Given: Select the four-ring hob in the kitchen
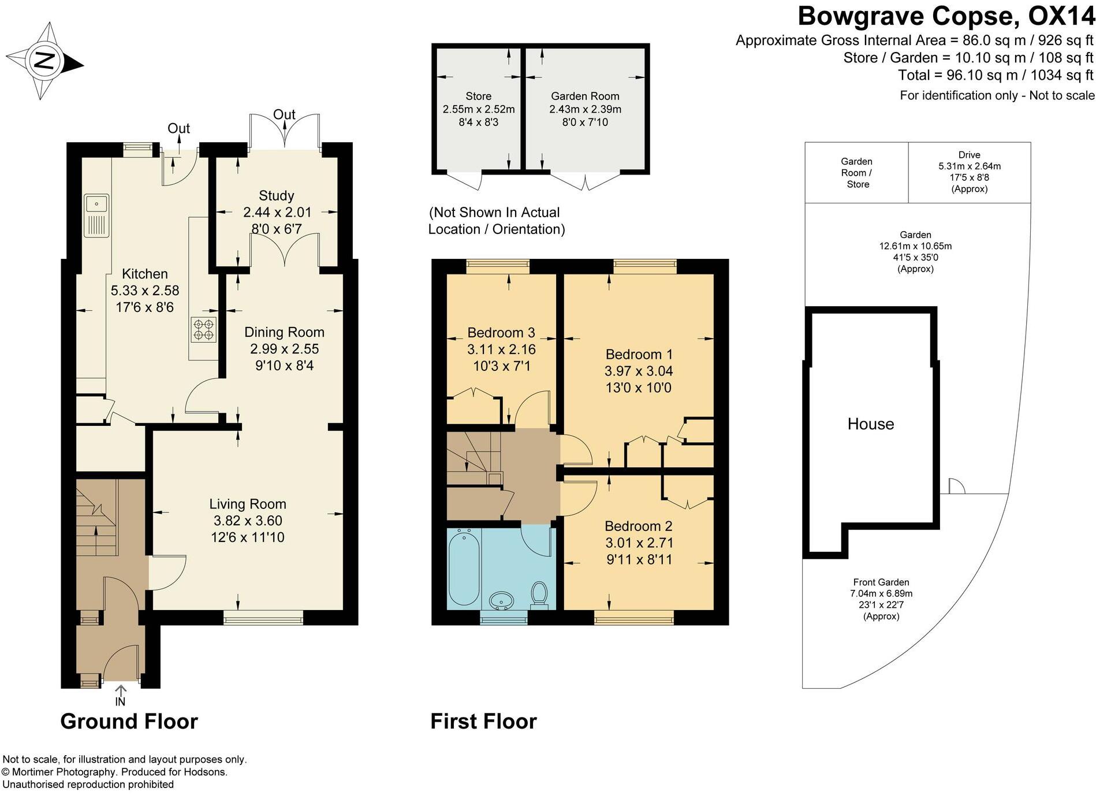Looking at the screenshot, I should click(x=203, y=329).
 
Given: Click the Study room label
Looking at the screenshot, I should click(x=276, y=196).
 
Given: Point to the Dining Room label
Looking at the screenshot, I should click(x=284, y=332).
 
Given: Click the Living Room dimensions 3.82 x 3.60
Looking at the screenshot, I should click(x=247, y=521).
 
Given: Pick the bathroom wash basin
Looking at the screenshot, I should click(x=501, y=600).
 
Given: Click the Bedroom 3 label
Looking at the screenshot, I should click(x=501, y=333).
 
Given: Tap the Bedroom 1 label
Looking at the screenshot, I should click(x=639, y=354).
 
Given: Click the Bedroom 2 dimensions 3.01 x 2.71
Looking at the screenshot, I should click(x=639, y=543).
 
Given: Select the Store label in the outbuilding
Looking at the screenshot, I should click(x=478, y=96).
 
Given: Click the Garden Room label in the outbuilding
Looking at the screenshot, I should click(x=584, y=96).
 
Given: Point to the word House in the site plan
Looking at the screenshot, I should click(x=870, y=424).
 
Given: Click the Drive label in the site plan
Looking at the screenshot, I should click(x=969, y=155).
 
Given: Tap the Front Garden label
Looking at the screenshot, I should click(x=881, y=582).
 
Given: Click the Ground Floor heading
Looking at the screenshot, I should click(x=129, y=722).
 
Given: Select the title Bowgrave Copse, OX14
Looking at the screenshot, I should click(x=946, y=16).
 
